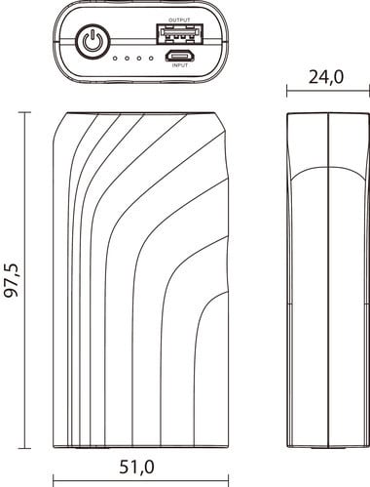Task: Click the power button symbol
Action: point(93,42)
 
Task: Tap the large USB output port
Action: point(179,34)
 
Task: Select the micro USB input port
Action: point(180,57)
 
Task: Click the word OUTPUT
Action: point(179,20)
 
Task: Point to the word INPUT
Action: point(180,65)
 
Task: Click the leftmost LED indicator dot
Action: point(115,59)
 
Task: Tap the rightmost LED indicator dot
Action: point(151,59)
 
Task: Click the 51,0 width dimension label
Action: point(136,467)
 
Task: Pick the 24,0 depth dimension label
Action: point(325,77)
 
